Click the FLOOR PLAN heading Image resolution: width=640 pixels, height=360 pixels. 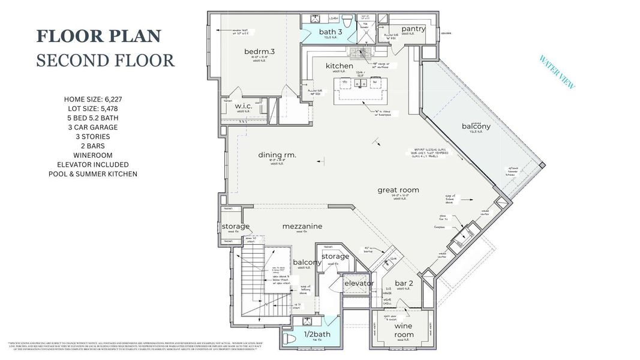click(99, 36)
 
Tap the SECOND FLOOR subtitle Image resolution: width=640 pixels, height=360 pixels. click(105, 61)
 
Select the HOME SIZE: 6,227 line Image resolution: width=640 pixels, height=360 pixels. click(93, 98)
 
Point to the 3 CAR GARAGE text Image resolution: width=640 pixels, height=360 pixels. click(92, 127)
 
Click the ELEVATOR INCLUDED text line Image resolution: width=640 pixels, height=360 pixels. click(93, 164)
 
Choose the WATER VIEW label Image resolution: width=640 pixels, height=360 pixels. click(557, 73)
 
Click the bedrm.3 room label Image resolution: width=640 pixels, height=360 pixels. click(259, 52)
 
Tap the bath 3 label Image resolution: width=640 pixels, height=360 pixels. click(330, 32)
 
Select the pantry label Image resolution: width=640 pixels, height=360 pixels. click(413, 29)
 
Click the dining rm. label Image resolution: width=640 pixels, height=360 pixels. click(278, 155)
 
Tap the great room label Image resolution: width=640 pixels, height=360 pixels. click(398, 190)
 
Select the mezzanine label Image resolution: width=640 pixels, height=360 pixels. click(302, 226)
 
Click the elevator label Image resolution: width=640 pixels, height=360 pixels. click(359, 283)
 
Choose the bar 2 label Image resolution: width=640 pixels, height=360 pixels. click(404, 283)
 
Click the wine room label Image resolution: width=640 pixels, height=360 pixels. click(404, 330)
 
